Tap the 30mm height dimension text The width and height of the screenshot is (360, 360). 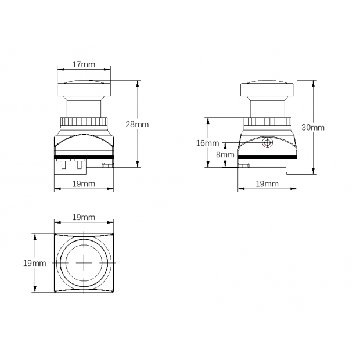(313, 127)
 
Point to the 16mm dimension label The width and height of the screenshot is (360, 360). (208, 143)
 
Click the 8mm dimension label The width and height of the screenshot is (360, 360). (225, 154)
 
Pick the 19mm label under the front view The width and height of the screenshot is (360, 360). (84, 183)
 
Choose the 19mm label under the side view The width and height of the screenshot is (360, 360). (267, 183)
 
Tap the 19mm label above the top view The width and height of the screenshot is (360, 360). (84, 217)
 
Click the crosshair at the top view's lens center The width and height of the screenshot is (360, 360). (84, 263)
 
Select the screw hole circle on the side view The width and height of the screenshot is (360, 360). (268, 142)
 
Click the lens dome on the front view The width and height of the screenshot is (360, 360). (84, 88)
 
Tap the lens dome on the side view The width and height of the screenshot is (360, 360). (268, 89)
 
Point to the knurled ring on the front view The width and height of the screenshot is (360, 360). (84, 122)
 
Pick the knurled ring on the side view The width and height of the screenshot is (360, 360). (267, 122)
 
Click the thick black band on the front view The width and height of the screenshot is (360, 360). (84, 157)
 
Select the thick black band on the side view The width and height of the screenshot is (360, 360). (268, 157)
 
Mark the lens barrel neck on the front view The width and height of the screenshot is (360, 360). (84, 107)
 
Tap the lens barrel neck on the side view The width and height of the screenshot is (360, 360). (268, 107)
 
